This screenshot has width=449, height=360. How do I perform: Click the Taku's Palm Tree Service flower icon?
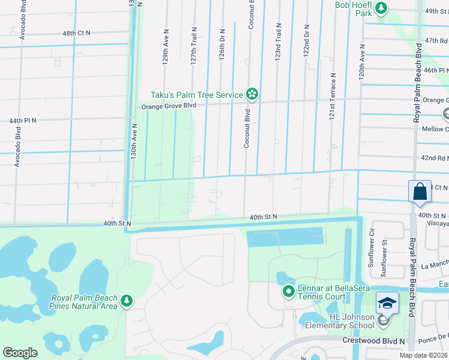tap(252, 94)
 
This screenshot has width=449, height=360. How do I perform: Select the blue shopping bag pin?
tap(420, 192)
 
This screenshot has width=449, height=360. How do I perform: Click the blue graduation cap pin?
tap(387, 302)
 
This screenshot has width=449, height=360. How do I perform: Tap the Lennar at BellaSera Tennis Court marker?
tap(288, 292)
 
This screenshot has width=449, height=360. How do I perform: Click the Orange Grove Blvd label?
tap(169, 106)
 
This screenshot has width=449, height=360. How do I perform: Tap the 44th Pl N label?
tap(23, 121)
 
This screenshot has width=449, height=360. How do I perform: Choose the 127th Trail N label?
tap(194, 45)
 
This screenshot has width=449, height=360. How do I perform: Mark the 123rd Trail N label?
tap(279, 41)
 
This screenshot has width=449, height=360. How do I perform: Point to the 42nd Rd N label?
tap(434, 158)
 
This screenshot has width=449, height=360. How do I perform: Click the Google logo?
tap(20, 353)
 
